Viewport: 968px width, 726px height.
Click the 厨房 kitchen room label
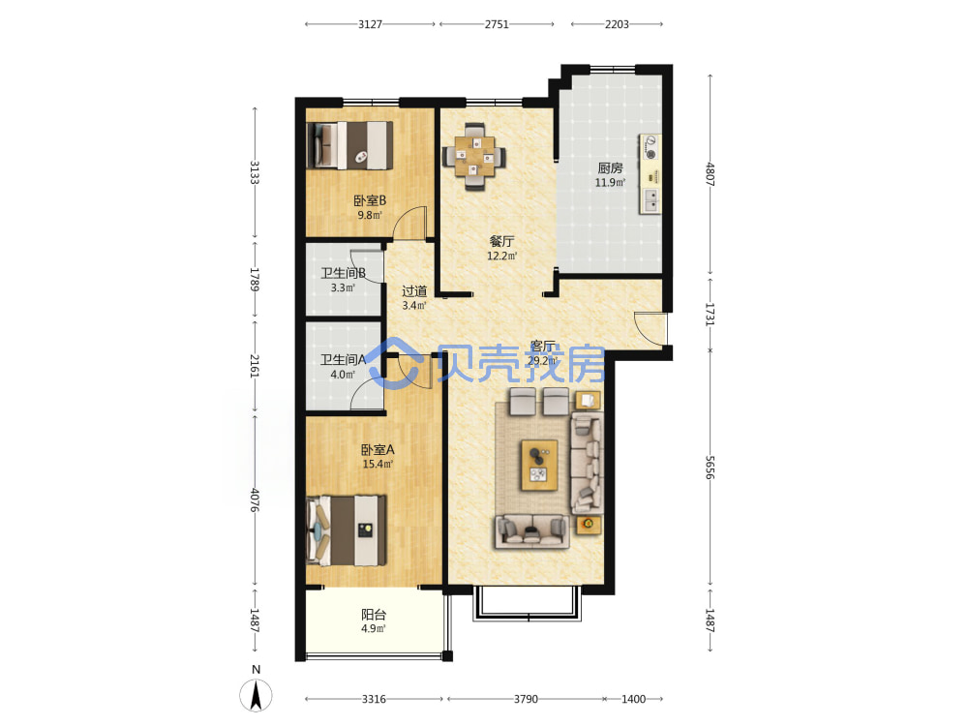click(610, 167)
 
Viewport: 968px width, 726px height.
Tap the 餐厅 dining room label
click(501, 241)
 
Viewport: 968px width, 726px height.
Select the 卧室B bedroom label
click(370, 200)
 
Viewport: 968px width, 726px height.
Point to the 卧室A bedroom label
click(378, 449)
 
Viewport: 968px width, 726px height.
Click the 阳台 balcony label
click(374, 615)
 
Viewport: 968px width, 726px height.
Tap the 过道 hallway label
click(414, 290)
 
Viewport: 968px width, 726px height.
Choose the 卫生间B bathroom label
click(344, 273)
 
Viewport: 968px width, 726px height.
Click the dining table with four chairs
click(474, 157)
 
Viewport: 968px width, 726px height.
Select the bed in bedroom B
click(350, 145)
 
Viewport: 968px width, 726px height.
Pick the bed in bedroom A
click(347, 530)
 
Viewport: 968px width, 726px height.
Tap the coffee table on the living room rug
click(539, 465)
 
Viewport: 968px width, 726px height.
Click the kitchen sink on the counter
click(650, 199)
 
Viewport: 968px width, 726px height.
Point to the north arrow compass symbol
click(256, 694)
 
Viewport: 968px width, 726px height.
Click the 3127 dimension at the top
click(371, 24)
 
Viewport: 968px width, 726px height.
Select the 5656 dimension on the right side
click(710, 468)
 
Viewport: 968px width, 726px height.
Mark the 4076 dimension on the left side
click(255, 500)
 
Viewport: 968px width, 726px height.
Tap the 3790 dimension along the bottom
click(526, 699)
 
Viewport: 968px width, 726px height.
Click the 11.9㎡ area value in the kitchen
click(610, 183)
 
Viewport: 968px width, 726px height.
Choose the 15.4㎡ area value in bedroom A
click(378, 465)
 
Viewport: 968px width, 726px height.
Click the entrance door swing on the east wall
click(650, 328)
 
